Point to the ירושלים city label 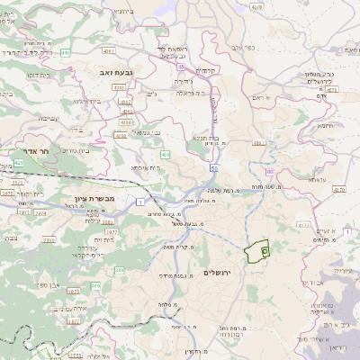218,272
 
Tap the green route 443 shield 66,53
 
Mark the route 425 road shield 18,163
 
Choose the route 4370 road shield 257,7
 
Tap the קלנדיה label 209,70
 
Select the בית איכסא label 145,167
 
